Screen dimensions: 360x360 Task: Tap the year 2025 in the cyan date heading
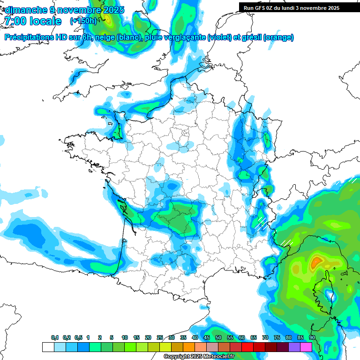pos(112,10)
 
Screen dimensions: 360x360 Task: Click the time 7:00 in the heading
pos(15,21)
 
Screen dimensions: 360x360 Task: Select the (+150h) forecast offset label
pos(83,21)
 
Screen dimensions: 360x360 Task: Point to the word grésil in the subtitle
pos(251,37)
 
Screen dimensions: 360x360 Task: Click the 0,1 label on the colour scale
pos(55,338)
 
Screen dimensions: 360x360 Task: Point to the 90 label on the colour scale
pos(312,338)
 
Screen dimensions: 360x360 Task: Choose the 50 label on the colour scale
pos(218,338)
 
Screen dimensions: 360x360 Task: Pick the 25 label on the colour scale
pos(160,338)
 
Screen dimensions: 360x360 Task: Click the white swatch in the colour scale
pos(48,347)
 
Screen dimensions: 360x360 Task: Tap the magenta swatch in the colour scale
pos(306,347)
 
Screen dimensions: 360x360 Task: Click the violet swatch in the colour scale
pos(294,347)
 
